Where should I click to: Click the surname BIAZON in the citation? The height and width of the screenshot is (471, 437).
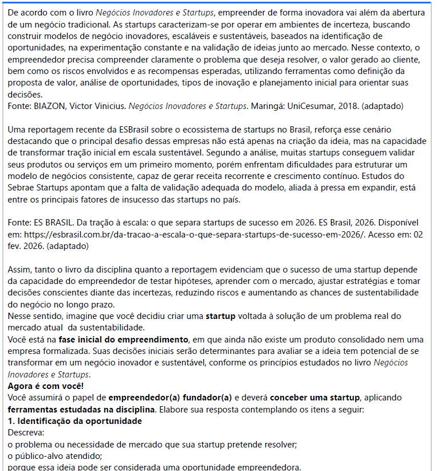point(48,106)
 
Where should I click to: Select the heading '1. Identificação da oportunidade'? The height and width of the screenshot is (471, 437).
point(75,421)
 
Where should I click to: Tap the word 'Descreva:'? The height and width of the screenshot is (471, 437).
point(26,433)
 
